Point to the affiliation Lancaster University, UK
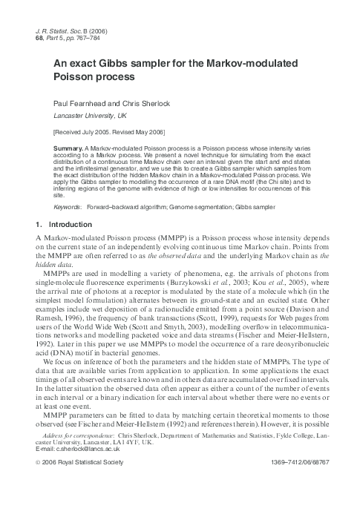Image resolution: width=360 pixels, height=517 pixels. [x=90, y=116]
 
